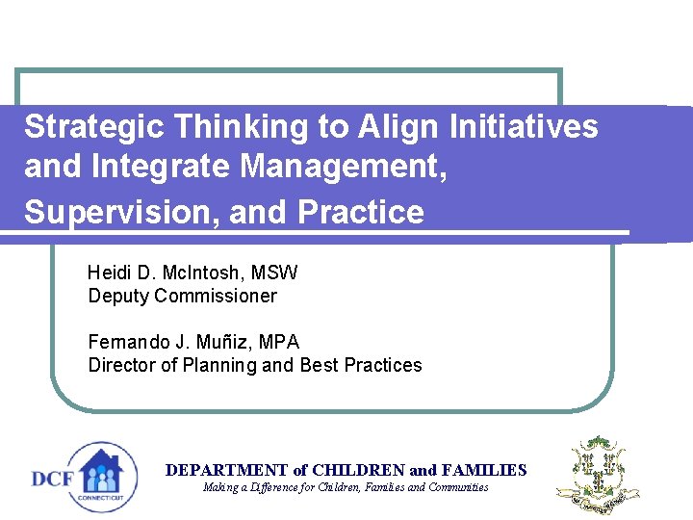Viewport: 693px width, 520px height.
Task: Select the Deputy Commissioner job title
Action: coord(182,296)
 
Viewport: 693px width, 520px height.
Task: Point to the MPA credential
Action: coord(279,342)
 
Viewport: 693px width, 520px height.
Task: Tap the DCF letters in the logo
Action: coord(53,479)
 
